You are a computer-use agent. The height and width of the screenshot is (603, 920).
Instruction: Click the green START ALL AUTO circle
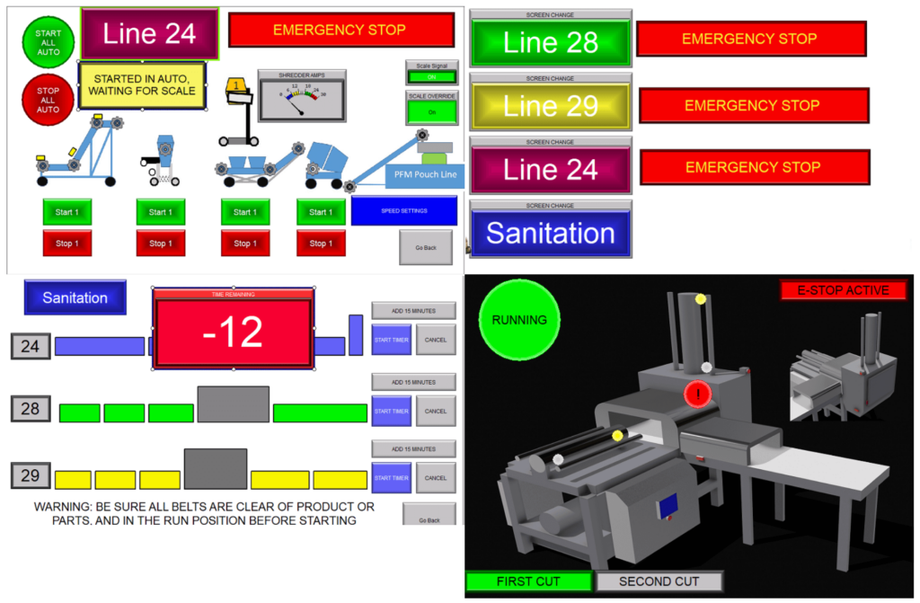point(48,42)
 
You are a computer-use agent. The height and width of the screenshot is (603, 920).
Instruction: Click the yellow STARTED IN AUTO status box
point(143,84)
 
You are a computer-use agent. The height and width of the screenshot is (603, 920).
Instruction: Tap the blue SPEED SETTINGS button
point(403,211)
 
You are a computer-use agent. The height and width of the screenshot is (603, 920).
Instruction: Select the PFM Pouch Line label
point(425,174)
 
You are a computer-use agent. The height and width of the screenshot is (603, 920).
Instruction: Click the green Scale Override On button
point(431,111)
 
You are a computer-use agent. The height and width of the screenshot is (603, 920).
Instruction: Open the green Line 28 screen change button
point(551,42)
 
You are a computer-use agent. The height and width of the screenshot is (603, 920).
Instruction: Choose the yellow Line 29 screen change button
point(551,106)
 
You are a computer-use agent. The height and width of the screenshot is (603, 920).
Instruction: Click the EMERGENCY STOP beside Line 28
point(750,40)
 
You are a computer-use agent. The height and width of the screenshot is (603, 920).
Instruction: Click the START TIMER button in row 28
point(391,411)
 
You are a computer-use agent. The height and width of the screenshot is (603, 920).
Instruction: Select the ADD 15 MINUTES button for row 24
point(413,311)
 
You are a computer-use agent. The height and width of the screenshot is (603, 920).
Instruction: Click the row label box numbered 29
point(31,475)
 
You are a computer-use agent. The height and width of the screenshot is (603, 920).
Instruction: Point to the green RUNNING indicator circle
point(519,319)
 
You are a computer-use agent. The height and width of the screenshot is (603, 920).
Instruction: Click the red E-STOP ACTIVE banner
point(843,290)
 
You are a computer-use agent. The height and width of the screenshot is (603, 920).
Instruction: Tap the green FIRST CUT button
point(528,581)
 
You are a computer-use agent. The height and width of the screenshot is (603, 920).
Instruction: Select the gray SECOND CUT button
point(659,581)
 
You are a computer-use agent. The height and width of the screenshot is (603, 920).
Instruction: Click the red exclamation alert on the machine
point(697,394)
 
